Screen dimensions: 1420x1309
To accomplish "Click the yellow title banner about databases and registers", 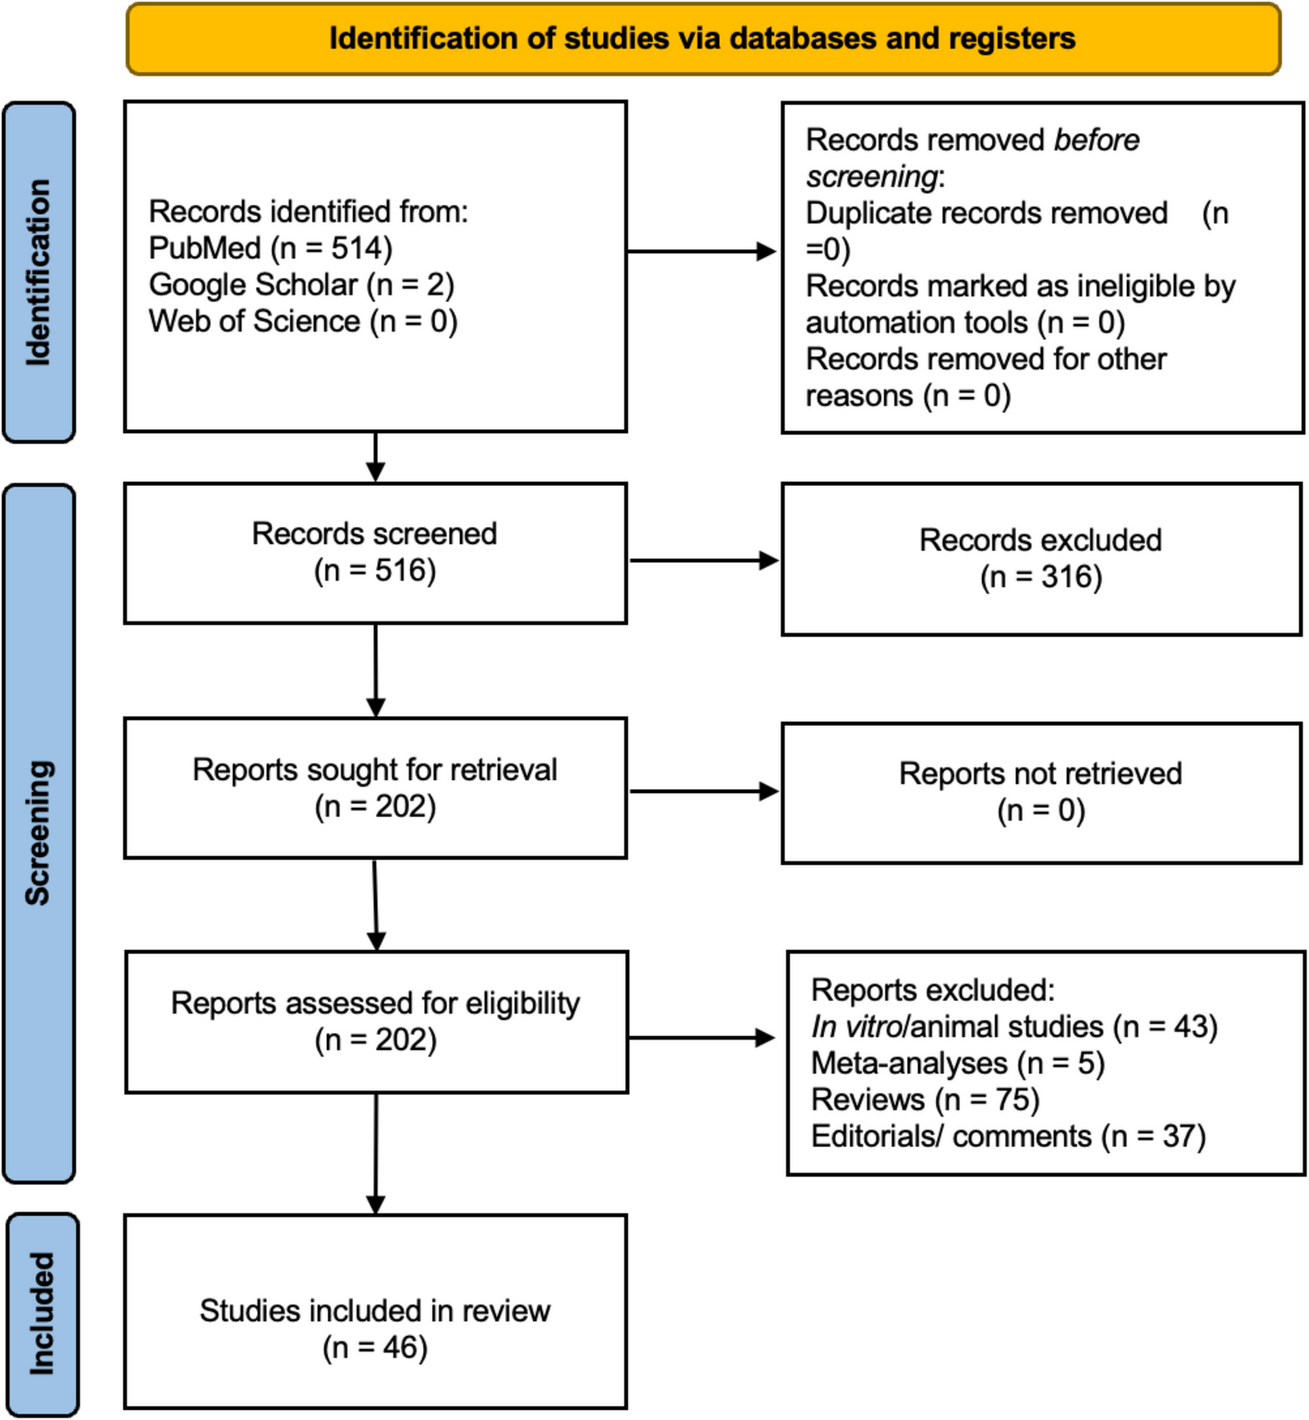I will pos(703,39).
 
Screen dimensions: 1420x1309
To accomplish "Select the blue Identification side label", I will pos(39,272).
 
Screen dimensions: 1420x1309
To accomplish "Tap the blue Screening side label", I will pos(39,833).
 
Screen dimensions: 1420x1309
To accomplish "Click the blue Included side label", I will pos(42,1313).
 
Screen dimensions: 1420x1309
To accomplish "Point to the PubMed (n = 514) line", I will pos(271,248).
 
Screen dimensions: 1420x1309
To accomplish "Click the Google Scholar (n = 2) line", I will pos(301,284).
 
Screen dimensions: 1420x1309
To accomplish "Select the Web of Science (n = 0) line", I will pos(303,321).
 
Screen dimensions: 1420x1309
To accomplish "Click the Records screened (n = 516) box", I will pos(375,552).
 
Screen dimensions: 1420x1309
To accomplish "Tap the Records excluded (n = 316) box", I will pos(1041,559).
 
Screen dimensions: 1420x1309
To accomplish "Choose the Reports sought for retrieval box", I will pos(375,788).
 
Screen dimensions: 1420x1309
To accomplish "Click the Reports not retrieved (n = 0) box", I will pos(1041,792).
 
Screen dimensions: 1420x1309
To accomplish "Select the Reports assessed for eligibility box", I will pos(376,1021).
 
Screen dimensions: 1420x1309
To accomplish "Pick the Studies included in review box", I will pos(375,1328).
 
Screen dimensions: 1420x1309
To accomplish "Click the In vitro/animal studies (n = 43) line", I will pos(1014,1027).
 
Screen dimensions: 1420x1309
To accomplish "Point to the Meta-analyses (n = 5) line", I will pos(958,1064).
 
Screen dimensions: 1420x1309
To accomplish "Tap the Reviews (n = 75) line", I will pos(925,1100).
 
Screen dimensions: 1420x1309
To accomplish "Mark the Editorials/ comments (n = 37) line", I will pos(1008,1137).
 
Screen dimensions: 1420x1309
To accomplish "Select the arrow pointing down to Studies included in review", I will pos(376,1154).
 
